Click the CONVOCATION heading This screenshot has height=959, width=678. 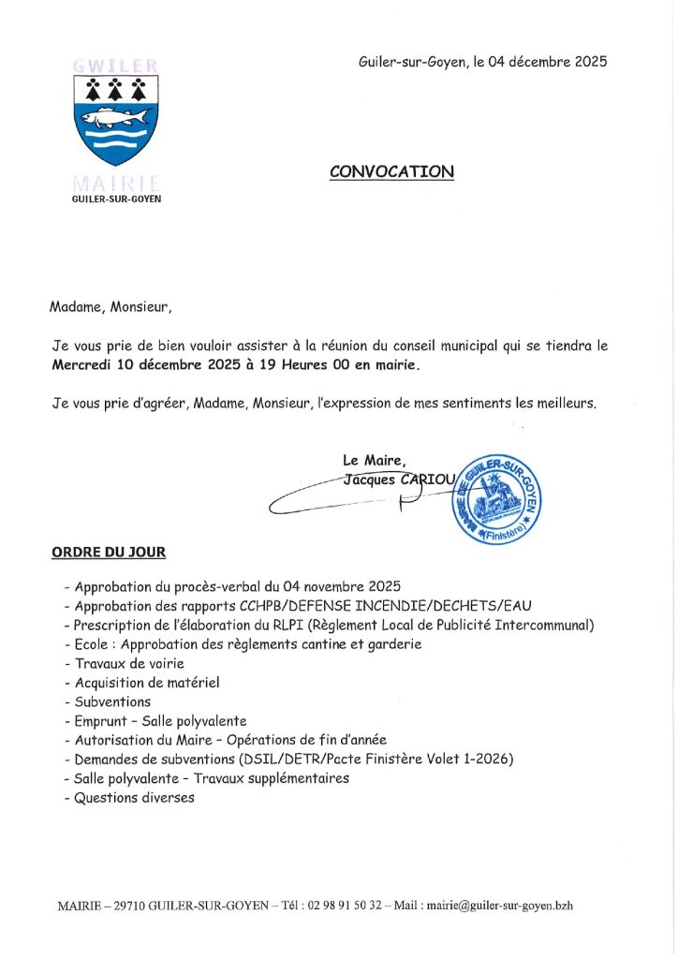coord(391,171)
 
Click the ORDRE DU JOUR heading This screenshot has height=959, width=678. coord(109,553)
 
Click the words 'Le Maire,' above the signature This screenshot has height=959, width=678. coord(375,460)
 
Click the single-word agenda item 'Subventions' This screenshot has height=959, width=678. coord(112,701)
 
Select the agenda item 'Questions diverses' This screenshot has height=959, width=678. coord(135,798)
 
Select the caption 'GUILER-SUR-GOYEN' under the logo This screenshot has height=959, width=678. coord(116,199)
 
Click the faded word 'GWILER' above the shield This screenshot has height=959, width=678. coord(116,66)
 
